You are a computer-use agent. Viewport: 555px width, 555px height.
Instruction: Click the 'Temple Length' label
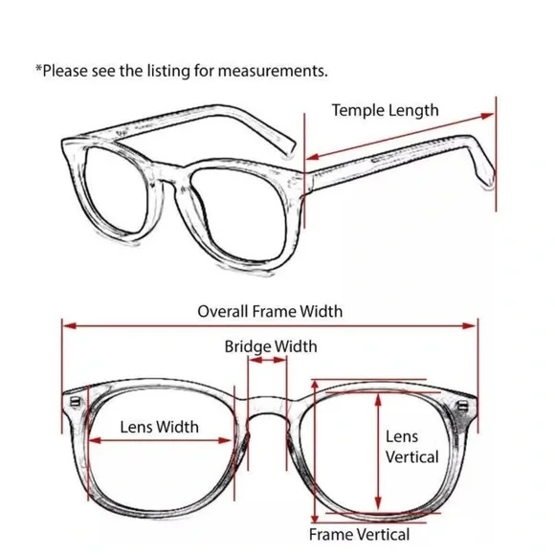(x=385, y=111)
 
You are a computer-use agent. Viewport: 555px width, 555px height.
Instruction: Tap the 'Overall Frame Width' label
(x=270, y=312)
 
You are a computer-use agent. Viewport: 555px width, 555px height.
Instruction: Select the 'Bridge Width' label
(x=271, y=346)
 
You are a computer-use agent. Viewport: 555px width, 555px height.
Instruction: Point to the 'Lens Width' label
(x=159, y=427)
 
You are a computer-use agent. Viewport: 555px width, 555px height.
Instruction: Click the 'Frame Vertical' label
(x=359, y=535)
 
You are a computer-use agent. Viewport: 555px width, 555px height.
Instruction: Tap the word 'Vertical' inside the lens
(x=412, y=457)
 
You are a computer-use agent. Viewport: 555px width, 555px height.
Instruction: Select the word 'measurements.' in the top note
(x=273, y=72)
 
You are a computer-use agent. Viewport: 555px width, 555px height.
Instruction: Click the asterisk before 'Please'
(x=38, y=68)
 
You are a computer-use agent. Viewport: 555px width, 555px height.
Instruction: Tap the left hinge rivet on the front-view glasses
(x=75, y=402)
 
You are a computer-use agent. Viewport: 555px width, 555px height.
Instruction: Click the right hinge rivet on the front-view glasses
(x=462, y=406)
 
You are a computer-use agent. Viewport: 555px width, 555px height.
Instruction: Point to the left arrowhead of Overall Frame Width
(x=70, y=325)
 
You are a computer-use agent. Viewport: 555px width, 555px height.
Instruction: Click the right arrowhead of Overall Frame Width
(x=470, y=325)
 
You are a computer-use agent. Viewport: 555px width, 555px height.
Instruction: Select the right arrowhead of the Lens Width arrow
(x=226, y=441)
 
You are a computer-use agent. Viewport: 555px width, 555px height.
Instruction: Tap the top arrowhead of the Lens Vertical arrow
(x=378, y=400)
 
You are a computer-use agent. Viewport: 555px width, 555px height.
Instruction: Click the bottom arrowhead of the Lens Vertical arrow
(x=378, y=503)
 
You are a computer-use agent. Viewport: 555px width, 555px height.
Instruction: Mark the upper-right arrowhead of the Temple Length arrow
(x=487, y=116)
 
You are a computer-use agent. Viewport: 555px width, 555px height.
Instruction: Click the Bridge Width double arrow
(x=267, y=361)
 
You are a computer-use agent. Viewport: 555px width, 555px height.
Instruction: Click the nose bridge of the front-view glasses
(x=267, y=407)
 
